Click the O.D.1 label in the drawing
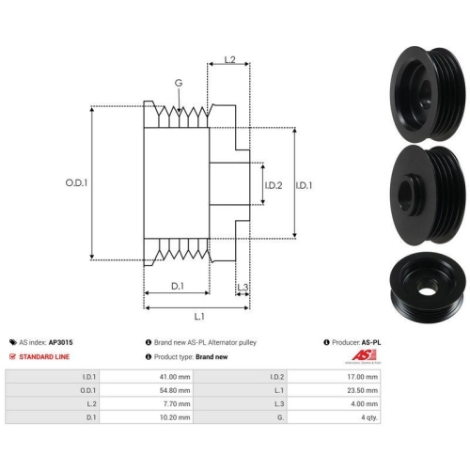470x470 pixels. pos(76,182)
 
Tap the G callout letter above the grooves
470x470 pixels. pos(179,83)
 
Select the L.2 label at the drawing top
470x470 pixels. pos(229,59)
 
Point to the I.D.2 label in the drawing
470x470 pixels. pos(274,185)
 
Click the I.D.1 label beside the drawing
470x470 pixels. pos(304,185)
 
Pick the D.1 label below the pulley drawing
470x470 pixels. pos(178,286)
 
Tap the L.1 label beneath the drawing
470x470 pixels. pos(199,317)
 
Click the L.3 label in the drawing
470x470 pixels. pos(243,287)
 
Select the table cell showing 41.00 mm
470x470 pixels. pos(175,377)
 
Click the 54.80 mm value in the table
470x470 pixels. pos(175,390)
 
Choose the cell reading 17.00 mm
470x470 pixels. pos(362,377)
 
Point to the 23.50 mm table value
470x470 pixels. pos(362,390)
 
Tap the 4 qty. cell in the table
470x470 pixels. pos(369,417)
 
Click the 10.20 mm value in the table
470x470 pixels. pos(175,417)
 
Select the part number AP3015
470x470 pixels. pos(60,342)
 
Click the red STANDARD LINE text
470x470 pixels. pos(44,357)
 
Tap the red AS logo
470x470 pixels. pos(364,355)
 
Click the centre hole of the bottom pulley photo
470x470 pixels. pos(427,291)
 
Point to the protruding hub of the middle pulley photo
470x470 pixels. pos(409,195)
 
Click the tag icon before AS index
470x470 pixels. pos(13,342)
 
